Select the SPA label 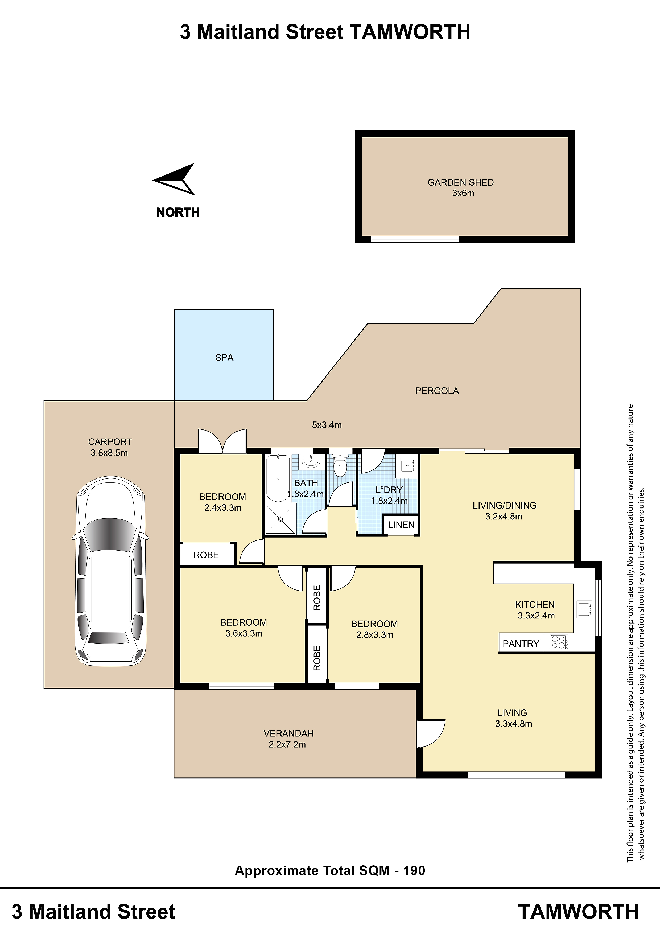[224, 358]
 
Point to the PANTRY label [521, 644]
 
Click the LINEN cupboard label [401, 525]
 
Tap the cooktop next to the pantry [560, 642]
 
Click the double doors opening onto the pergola [222, 441]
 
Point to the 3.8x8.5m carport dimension [109, 453]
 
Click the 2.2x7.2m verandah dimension [287, 744]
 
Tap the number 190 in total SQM [414, 871]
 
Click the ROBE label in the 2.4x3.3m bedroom [206, 555]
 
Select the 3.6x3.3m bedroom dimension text [244, 633]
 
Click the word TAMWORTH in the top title [410, 32]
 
